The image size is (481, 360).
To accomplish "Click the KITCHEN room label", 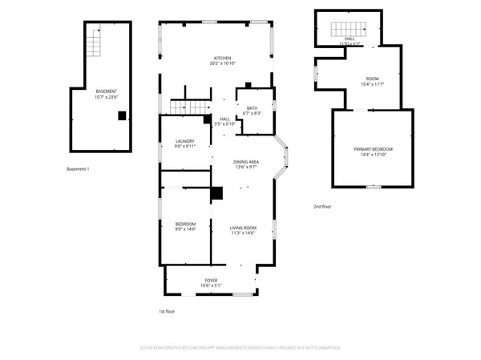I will [222, 58].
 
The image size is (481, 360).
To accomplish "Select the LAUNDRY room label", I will [185, 141].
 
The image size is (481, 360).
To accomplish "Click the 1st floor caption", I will [167, 311].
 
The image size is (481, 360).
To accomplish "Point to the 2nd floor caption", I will [322, 207].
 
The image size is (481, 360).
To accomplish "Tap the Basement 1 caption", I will [78, 169].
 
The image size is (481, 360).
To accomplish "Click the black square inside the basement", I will [121, 115].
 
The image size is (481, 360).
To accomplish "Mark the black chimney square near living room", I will [216, 193].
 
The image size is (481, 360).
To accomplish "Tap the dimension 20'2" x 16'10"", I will [222, 64].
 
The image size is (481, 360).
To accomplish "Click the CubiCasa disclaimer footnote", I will [240, 348].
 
